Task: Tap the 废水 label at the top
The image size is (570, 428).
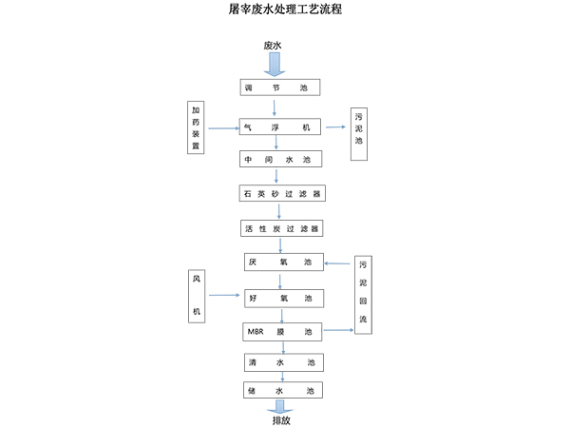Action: (274, 46)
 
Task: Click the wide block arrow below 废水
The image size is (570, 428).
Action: (274, 65)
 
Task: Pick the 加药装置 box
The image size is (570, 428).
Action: (196, 126)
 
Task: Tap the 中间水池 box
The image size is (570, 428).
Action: (280, 160)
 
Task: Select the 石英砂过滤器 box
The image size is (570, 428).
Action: (280, 194)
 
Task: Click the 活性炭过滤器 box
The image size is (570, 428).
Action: (280, 229)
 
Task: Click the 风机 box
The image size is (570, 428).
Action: (197, 296)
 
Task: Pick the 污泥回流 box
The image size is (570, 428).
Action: (364, 295)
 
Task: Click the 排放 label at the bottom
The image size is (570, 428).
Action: (282, 419)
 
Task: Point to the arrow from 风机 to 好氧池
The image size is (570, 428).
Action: (224, 297)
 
